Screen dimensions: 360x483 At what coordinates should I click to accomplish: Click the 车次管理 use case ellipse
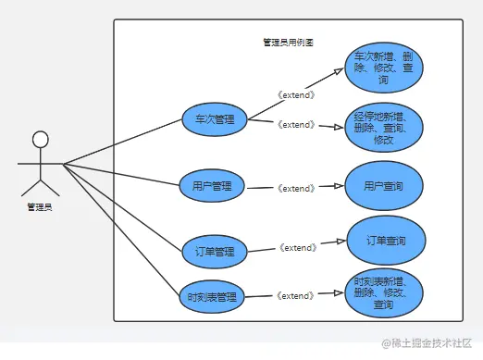(x=214, y=119)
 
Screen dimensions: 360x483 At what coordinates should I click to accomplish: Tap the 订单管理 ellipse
(x=214, y=251)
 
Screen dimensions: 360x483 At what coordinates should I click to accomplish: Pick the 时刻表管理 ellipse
(x=212, y=297)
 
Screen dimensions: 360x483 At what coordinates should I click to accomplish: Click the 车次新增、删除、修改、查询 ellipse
(x=382, y=69)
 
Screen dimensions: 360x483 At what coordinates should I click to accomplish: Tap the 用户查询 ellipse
(x=383, y=186)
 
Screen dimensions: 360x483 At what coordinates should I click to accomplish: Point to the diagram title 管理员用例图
(x=288, y=43)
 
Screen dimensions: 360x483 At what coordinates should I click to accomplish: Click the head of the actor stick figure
(x=40, y=140)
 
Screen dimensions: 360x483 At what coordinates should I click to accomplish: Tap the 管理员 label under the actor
(x=40, y=207)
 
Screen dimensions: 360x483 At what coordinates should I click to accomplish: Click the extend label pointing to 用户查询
(x=295, y=188)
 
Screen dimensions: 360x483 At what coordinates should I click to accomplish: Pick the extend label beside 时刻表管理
(x=295, y=296)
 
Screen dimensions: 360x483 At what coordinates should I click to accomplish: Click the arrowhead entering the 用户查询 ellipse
(x=340, y=187)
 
